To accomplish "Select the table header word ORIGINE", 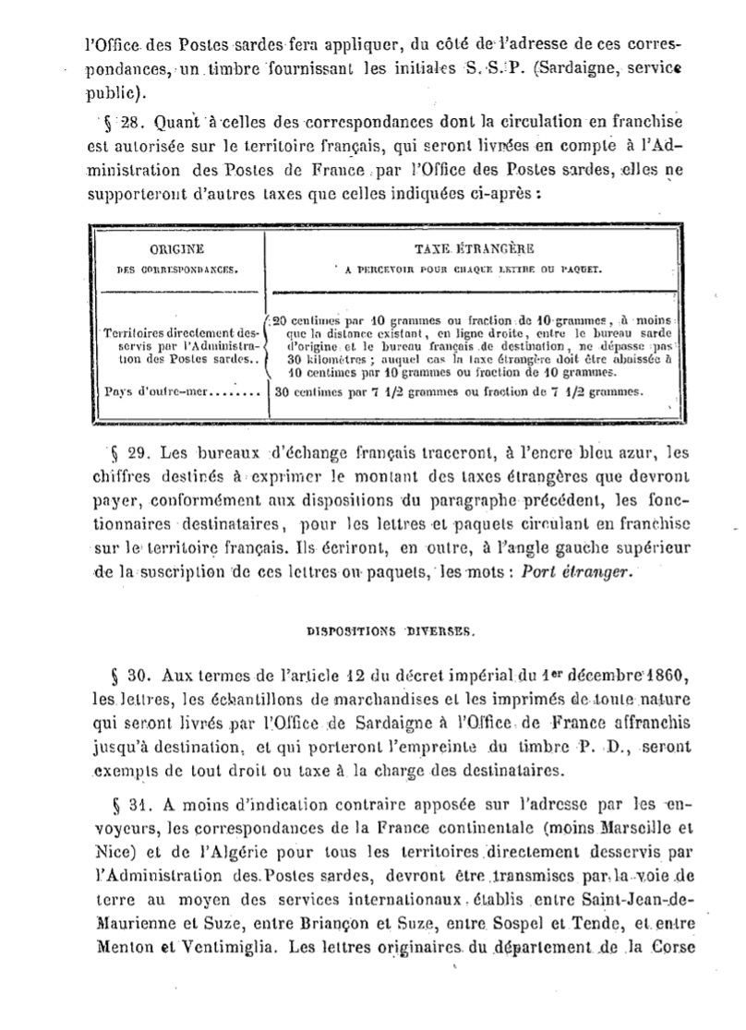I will coord(176,249).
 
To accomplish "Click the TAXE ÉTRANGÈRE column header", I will coord(463,249).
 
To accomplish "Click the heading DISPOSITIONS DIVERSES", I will coord(390,632).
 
